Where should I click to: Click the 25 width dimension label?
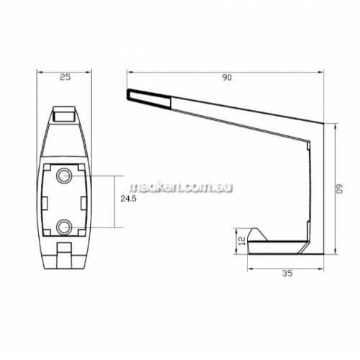(65, 77)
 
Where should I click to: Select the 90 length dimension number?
(227, 78)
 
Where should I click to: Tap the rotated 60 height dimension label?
(339, 189)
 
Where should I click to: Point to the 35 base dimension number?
(287, 274)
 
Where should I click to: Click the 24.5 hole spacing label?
(128, 199)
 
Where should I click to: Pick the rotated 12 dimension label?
(242, 240)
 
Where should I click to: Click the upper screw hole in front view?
(63, 176)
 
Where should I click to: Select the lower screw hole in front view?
(63, 227)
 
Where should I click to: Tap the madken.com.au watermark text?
(181, 187)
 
